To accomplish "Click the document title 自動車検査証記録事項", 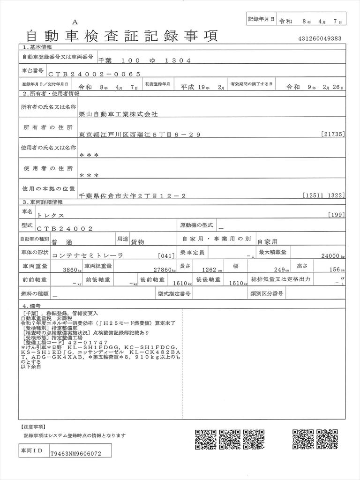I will click(119, 35).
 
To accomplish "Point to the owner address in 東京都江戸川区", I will click(140, 135).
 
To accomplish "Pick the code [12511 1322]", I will click(324, 195).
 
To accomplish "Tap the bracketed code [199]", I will click(337, 215).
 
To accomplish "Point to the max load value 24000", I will click(330, 256).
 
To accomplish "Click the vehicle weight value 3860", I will click(70, 270).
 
